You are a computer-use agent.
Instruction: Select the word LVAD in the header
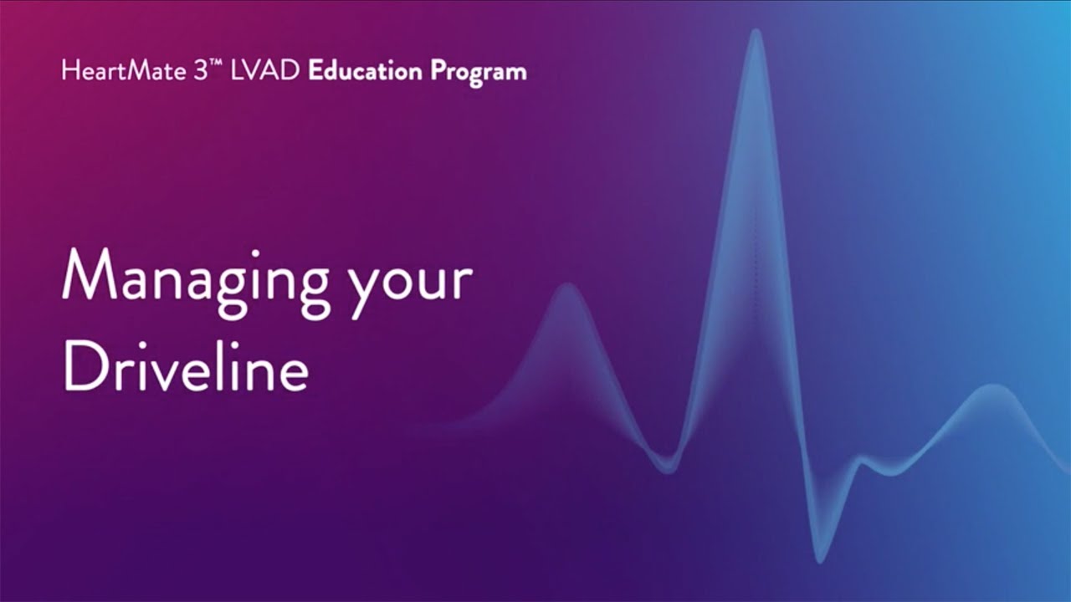tap(259, 71)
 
